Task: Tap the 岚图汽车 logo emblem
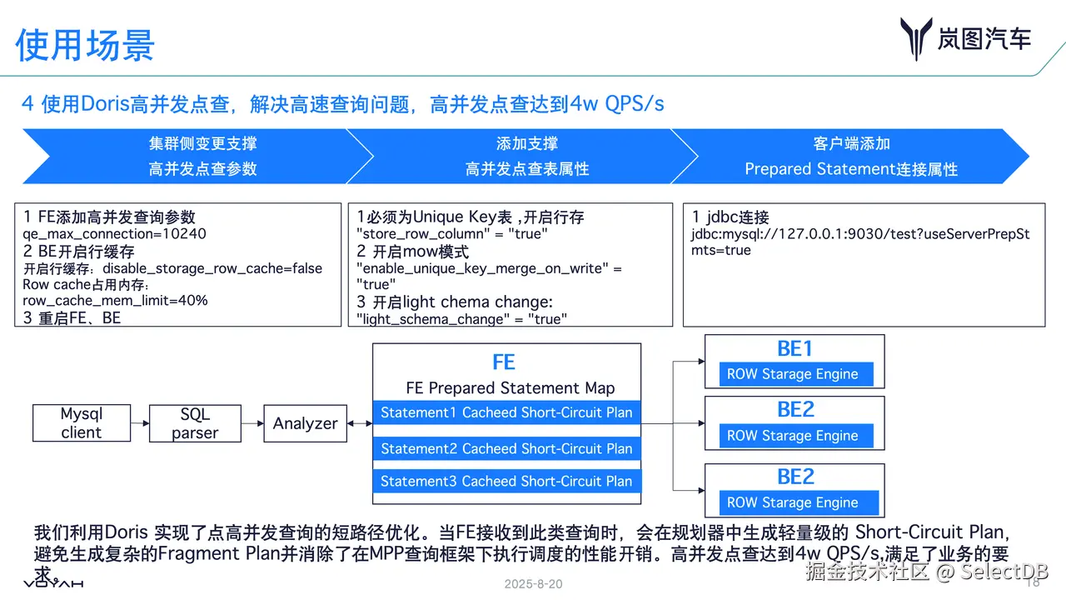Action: (915, 39)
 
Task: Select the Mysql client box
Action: (81, 423)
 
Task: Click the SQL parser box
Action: (195, 423)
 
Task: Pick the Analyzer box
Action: (305, 423)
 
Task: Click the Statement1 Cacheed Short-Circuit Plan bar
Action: (506, 412)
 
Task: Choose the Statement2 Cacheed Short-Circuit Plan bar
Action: (506, 448)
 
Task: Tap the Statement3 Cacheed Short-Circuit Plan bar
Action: (506, 481)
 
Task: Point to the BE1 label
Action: (795, 348)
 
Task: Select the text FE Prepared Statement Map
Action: (510, 387)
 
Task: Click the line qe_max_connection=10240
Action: (114, 234)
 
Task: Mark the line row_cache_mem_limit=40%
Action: (115, 300)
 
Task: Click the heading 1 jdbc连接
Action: (730, 217)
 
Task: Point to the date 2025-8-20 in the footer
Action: (533, 584)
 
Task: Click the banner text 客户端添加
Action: (851, 144)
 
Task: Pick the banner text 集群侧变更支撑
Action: (202, 144)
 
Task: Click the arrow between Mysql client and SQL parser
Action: (139, 423)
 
